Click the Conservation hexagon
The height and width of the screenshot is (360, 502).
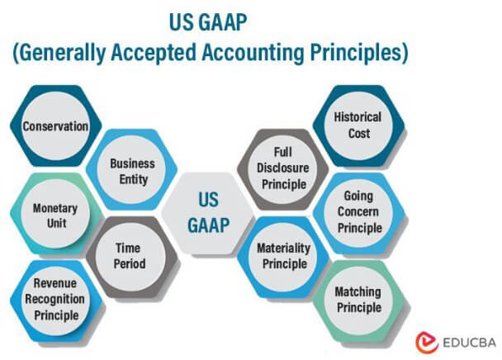[55, 126]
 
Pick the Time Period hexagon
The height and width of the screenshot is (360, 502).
[130, 257]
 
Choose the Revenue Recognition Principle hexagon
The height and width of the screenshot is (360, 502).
[56, 301]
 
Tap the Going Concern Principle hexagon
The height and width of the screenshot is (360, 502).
[358, 212]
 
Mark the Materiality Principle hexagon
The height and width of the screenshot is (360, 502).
[283, 256]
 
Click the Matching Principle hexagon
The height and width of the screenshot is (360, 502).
[358, 300]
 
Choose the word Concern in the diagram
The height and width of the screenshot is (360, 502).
[358, 212]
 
